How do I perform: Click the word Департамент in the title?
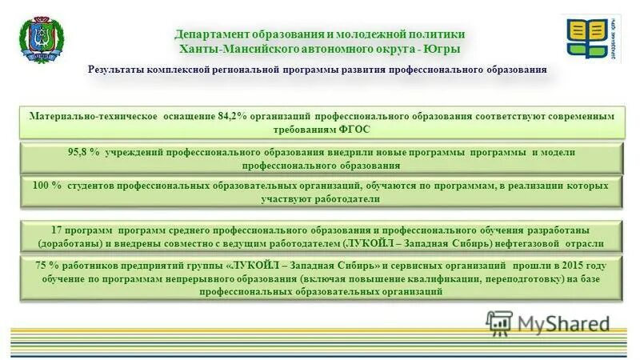[210, 34]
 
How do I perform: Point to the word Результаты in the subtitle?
[123, 70]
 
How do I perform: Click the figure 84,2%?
[230, 116]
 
